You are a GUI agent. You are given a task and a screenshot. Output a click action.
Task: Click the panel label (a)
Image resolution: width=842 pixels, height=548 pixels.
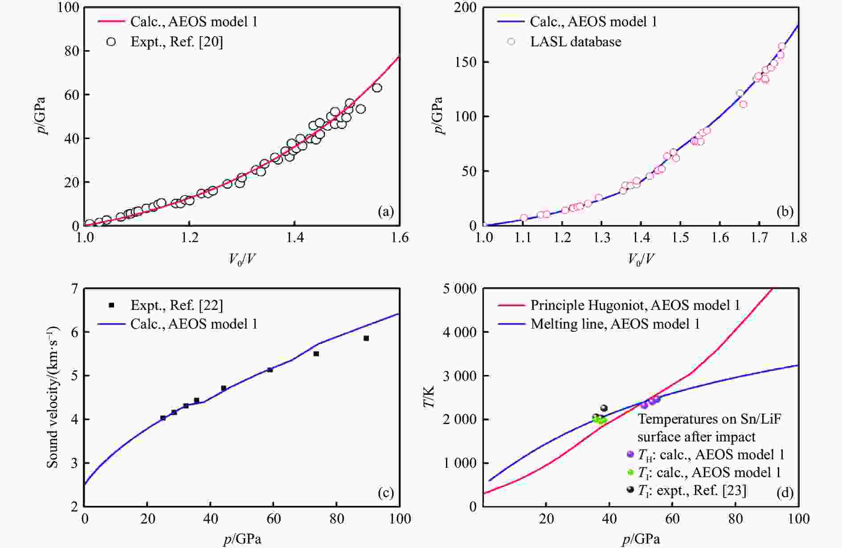point(385,212)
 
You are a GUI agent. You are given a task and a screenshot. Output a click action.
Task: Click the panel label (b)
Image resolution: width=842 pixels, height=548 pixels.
point(785,212)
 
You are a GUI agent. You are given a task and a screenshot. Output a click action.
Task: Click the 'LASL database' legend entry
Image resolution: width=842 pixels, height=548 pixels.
point(575,42)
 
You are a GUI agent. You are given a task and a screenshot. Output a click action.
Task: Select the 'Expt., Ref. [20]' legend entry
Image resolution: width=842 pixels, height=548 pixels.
point(176,42)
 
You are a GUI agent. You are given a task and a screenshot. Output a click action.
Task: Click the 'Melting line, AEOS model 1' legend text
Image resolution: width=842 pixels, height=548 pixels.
point(615,324)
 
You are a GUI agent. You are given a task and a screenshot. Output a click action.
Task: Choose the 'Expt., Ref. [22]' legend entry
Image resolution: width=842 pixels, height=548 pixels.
point(176,305)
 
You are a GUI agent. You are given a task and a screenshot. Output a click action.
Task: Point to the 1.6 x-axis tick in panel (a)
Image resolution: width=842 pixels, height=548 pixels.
point(399,238)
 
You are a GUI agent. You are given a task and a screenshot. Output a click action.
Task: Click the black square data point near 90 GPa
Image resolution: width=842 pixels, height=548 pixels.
point(366,338)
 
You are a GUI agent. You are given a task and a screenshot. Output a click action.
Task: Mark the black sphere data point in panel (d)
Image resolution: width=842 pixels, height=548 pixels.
point(604,408)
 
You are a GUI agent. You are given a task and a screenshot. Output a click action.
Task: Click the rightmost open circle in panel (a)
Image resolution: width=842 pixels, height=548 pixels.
point(377,88)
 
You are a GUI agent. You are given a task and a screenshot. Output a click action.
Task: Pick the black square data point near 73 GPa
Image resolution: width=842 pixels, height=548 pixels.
point(316,354)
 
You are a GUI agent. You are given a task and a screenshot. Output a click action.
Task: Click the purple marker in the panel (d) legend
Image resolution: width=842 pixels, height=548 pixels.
point(630,454)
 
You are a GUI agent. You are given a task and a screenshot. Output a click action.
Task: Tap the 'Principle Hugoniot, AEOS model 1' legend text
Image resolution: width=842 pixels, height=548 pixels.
point(635,305)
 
